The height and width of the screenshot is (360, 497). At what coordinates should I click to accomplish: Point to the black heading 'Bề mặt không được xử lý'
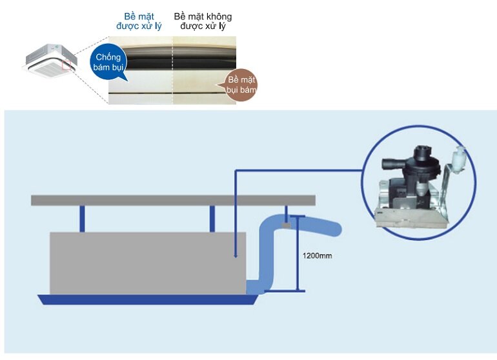203,21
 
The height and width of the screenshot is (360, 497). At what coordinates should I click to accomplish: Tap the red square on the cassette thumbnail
66,65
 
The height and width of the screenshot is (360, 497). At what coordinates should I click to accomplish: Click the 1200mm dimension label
317,255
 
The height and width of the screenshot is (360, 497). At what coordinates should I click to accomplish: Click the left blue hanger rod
82,219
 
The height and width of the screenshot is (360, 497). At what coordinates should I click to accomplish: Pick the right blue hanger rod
212,219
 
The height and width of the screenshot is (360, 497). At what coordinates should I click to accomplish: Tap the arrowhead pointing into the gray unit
236,256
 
